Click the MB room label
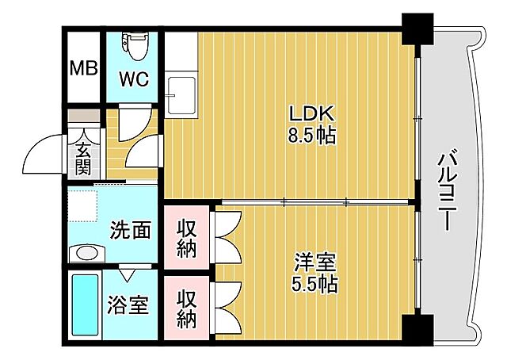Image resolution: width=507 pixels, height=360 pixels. (83, 67)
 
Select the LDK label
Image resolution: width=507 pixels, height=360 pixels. (311, 113)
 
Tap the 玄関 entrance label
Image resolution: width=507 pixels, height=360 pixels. (83, 158)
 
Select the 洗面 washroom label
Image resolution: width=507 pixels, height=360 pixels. (130, 230)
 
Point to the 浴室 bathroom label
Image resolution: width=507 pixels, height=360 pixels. (128, 304)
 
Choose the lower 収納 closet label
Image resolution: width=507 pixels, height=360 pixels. (186, 308)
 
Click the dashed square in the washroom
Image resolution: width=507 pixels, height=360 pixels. (81, 205)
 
